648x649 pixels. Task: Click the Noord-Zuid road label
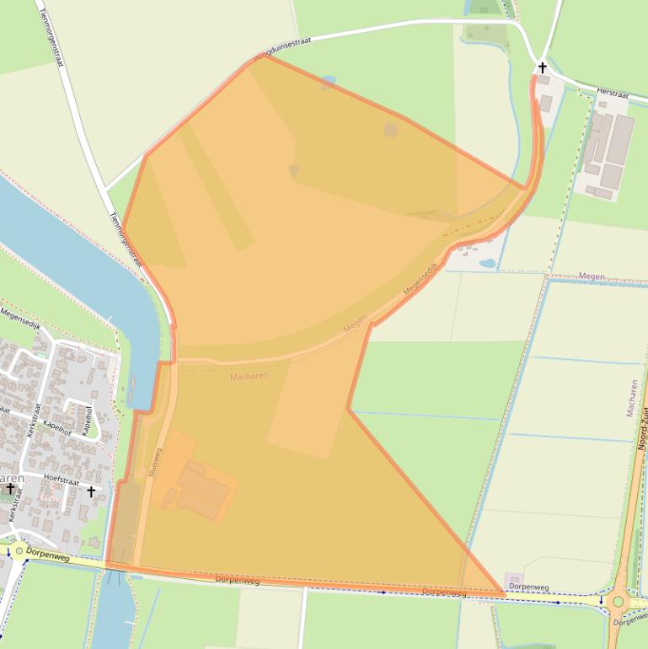tap(642, 429)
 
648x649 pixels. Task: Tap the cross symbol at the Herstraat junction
tap(542, 67)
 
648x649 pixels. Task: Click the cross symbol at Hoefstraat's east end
tap(91, 491)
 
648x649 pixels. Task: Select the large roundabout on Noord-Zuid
tap(618, 602)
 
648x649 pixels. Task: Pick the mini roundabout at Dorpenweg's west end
tap(19, 551)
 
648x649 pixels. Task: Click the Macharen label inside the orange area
tap(249, 376)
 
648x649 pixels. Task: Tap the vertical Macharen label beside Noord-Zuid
tap(632, 398)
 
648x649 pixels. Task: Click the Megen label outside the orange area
tap(592, 276)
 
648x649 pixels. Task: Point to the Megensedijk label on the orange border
tap(422, 279)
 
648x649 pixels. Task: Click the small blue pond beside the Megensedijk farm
tap(487, 262)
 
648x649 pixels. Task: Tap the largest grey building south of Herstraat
tap(620, 138)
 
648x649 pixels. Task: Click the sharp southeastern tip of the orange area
tap(504, 594)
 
